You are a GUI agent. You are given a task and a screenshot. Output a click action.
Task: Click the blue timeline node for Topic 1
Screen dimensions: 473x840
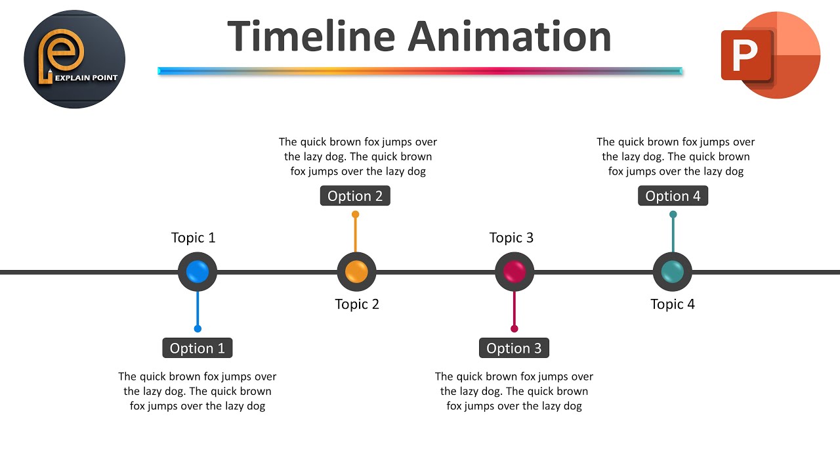coord(198,271)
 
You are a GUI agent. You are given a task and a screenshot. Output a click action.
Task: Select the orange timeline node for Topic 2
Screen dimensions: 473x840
coord(356,271)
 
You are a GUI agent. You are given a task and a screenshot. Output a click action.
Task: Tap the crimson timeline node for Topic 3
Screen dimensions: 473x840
coord(514,271)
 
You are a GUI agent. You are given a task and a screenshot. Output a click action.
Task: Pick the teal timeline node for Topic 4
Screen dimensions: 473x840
coord(673,271)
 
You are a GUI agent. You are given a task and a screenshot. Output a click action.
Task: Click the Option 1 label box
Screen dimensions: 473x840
coord(198,348)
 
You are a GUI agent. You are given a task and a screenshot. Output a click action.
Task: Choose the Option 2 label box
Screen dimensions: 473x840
coord(355,196)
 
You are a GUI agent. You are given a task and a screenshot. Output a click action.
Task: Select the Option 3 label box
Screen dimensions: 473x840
coord(514,348)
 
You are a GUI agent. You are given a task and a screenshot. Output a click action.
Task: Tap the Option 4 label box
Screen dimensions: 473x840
coord(673,196)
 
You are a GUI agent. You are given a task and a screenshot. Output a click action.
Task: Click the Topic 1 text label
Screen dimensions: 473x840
coord(193,238)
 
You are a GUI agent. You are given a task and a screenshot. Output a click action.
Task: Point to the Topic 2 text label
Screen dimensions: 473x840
coord(357,304)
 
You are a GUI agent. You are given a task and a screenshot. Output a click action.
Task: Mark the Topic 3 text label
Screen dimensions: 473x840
coord(511,238)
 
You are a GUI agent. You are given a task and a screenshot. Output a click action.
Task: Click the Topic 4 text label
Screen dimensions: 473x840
coord(673,304)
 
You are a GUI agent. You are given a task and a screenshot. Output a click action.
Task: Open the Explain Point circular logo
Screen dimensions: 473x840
coord(74,59)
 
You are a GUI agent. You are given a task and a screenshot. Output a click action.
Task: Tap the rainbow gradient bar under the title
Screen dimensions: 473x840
coord(420,71)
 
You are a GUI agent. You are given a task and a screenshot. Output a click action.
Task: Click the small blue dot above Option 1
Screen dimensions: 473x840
coord(198,328)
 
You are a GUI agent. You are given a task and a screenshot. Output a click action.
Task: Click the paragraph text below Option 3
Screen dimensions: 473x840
coord(514,391)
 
